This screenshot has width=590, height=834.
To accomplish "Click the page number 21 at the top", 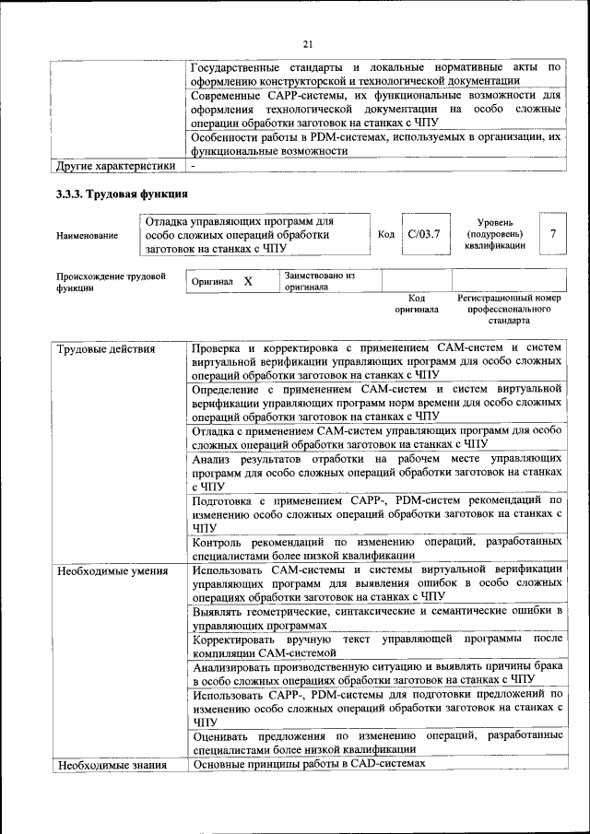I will [308, 42].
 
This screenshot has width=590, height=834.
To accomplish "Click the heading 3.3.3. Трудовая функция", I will [123, 194].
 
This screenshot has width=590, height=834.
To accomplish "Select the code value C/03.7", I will [424, 234].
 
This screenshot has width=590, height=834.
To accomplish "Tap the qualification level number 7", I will [553, 234].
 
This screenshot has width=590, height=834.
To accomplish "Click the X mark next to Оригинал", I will [248, 281].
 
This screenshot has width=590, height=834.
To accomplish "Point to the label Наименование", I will [88, 235].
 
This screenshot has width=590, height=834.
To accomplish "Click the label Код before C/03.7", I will [387, 234].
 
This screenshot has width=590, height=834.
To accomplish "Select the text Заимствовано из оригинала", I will [319, 281].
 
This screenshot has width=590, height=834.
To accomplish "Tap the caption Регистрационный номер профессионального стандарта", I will [509, 310].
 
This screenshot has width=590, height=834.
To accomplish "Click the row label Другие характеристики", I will [115, 167].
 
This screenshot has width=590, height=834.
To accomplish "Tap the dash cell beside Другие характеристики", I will [194, 167].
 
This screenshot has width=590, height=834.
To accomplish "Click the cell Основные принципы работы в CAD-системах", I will [309, 764].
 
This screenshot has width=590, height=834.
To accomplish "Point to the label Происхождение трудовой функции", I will [111, 282].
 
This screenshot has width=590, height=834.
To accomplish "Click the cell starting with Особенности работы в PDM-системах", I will [376, 144].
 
